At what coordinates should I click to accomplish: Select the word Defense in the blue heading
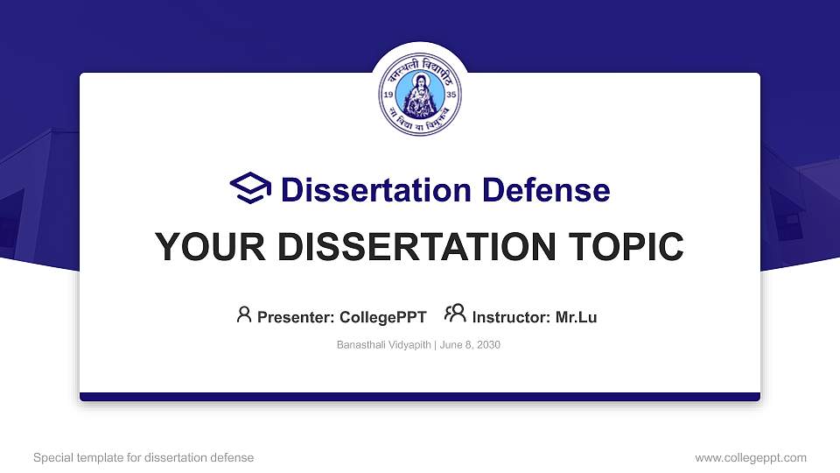point(547,190)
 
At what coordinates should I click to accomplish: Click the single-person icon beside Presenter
point(244,314)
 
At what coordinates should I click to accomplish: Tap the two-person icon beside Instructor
point(455,314)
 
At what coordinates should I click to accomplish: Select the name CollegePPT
point(382,317)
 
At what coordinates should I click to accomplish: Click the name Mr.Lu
point(576,317)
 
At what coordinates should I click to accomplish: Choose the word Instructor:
point(511,317)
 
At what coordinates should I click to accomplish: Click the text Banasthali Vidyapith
point(383,345)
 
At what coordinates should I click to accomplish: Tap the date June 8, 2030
point(470,345)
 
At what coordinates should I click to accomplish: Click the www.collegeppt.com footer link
point(750,457)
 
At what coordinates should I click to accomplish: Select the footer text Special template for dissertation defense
point(143,457)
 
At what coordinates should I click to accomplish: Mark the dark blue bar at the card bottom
point(419,397)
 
